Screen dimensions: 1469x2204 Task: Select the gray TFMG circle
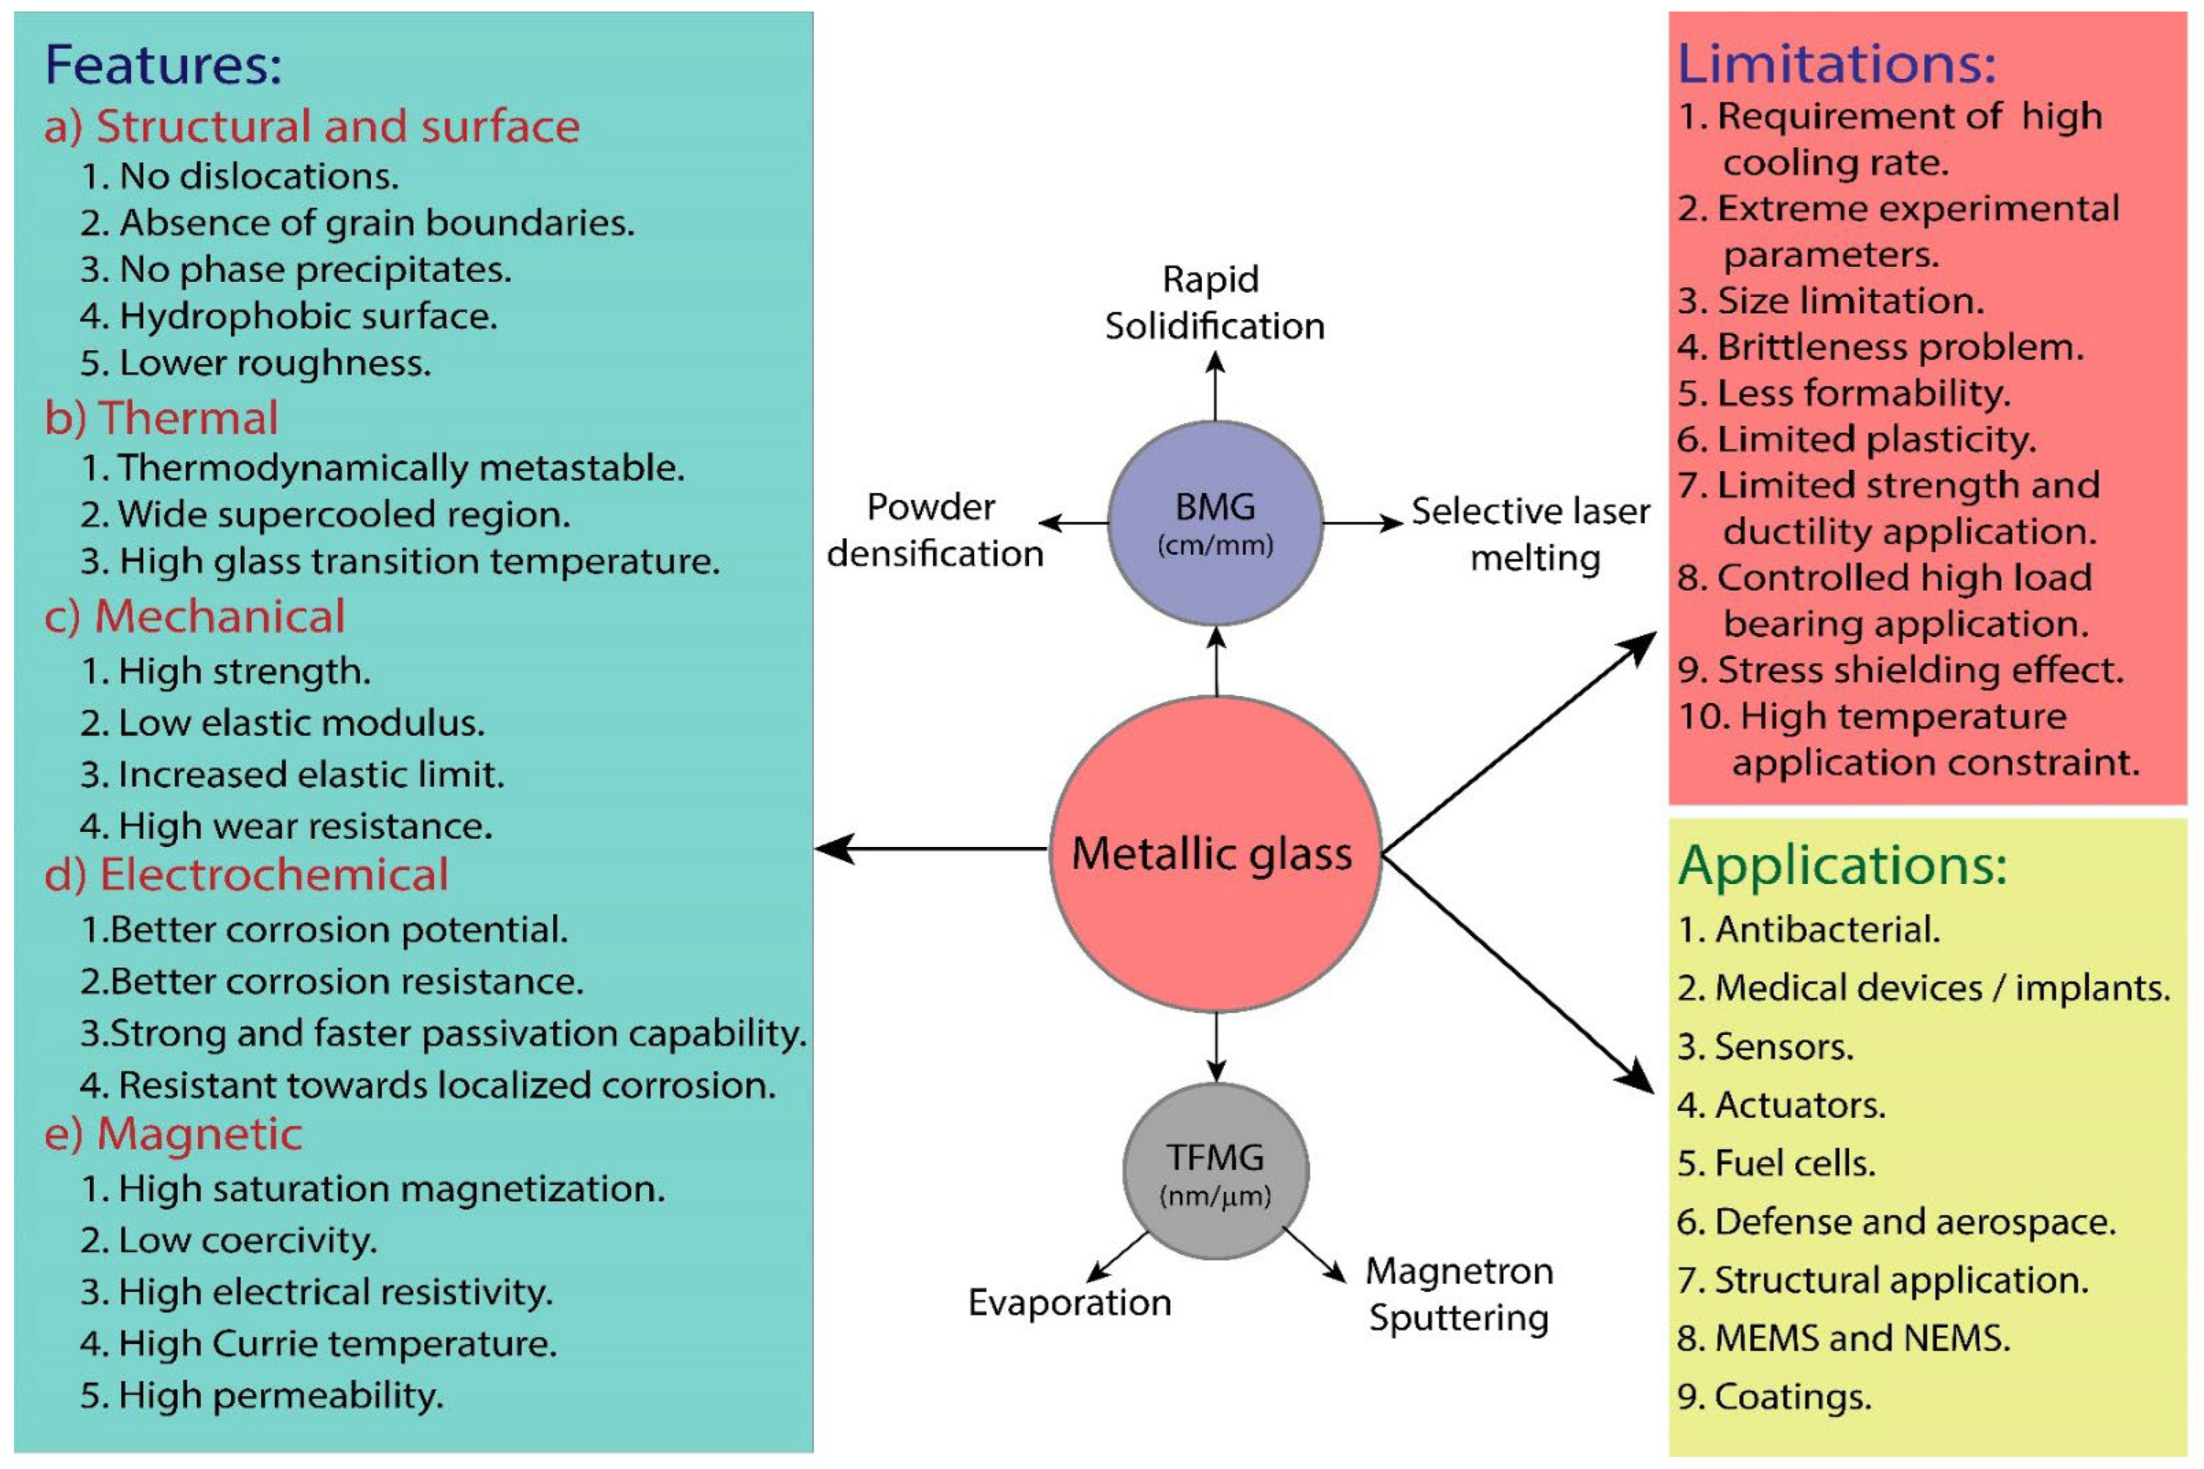[1215, 1171]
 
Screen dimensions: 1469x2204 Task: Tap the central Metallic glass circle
[1215, 853]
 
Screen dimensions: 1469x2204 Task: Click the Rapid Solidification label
[1214, 303]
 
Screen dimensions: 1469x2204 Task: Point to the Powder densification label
[934, 530]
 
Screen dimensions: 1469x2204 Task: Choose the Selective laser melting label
[1530, 534]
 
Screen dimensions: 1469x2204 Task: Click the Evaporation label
[1069, 1302]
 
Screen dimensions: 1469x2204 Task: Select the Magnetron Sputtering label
[1459, 1294]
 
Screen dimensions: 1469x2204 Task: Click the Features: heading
[163, 66]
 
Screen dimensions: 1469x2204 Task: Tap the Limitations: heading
[1836, 64]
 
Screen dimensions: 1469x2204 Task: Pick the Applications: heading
[1842, 865]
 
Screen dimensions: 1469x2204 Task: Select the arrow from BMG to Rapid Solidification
[1215, 386]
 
